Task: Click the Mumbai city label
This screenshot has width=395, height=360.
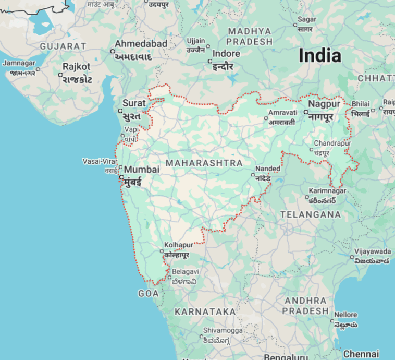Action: (142, 170)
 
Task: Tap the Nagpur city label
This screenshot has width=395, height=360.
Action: (324, 104)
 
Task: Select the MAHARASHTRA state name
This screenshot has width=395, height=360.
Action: (204, 163)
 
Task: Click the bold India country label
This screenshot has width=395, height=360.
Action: (320, 56)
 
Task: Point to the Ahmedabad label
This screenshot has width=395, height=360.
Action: (141, 44)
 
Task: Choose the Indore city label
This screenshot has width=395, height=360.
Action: (226, 54)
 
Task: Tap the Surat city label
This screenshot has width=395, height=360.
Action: (134, 103)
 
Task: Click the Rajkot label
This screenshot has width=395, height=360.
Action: (76, 67)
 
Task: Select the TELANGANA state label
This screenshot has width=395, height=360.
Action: (311, 214)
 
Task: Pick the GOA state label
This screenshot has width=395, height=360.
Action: (148, 294)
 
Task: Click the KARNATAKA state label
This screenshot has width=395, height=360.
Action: (205, 311)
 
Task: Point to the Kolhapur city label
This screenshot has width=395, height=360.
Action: (178, 245)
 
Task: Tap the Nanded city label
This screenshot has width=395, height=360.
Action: (268, 169)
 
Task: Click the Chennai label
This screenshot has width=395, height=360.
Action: (362, 354)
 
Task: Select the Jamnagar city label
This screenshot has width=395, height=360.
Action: (19, 63)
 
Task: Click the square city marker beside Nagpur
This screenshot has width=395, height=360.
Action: (305, 112)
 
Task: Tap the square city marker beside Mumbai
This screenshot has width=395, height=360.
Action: (121, 177)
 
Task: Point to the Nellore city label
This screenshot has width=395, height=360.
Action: (345, 315)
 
